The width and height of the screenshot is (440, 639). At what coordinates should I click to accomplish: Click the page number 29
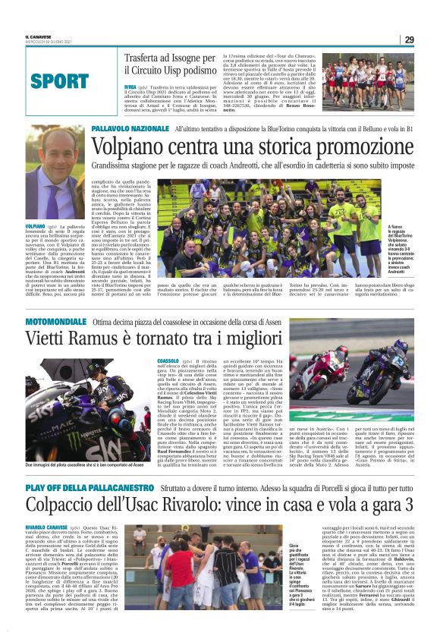tap(408, 39)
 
